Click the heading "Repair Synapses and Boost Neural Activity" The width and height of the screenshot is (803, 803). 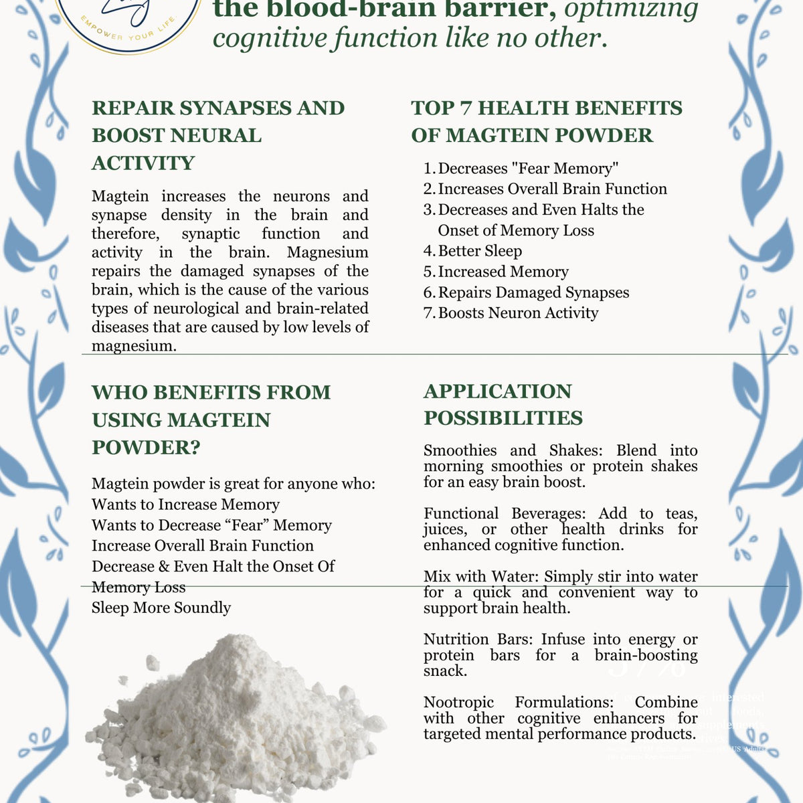(x=218, y=135)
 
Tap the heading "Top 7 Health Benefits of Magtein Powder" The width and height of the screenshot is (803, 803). (x=546, y=121)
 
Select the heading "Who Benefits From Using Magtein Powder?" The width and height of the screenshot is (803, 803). (x=211, y=420)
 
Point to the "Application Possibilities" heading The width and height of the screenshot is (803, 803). (x=503, y=405)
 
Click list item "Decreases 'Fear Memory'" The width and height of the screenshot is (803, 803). (x=528, y=169)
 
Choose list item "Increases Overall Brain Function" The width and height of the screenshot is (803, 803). (x=552, y=189)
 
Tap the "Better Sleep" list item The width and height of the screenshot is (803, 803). (x=480, y=251)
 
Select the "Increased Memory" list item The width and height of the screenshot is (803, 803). (x=503, y=272)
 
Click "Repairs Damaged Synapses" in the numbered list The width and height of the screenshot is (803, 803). (x=533, y=292)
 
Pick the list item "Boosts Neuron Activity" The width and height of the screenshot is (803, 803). (x=518, y=313)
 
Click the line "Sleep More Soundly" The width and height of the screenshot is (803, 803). (x=161, y=608)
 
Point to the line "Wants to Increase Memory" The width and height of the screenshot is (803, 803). (x=185, y=505)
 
